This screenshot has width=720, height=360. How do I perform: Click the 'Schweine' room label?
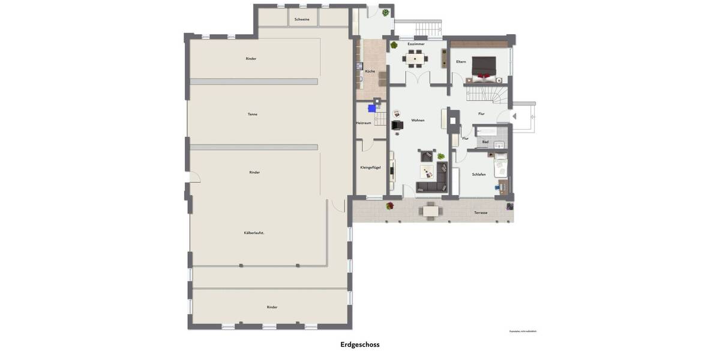(302, 20)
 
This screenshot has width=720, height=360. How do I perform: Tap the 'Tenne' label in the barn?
(253, 114)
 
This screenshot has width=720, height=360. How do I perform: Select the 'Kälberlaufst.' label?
(254, 232)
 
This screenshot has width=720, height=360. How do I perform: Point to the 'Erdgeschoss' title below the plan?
(359, 344)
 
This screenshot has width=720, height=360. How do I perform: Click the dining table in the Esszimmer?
(415, 59)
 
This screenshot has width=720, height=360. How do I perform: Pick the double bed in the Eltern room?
(484, 67)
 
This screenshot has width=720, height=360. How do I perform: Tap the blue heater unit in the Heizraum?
(372, 109)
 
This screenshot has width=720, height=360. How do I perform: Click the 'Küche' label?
(370, 71)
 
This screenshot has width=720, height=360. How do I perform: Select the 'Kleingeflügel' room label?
(370, 167)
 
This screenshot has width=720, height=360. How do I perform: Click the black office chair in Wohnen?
(397, 125)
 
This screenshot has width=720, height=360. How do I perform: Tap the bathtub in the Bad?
(487, 131)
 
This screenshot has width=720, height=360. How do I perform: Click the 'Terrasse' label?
(481, 213)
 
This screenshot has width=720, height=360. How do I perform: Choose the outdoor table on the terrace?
(430, 211)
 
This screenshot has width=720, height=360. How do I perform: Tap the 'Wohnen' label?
(418, 120)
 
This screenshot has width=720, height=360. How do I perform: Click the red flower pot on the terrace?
(390, 206)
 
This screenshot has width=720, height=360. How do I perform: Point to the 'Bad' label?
(485, 142)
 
